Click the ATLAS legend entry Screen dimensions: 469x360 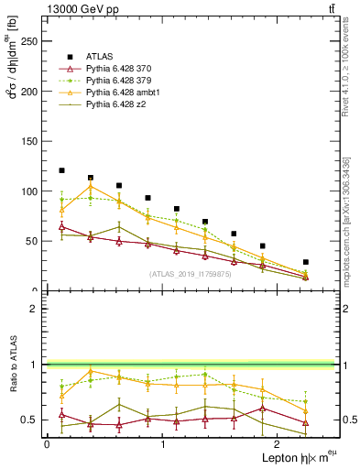tap(101, 56)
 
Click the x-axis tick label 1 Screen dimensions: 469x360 tap(163, 443)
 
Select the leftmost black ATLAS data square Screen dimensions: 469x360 tap(61, 170)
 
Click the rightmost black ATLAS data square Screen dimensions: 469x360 tap(306, 262)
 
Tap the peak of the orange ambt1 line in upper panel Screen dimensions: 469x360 tap(90, 187)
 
